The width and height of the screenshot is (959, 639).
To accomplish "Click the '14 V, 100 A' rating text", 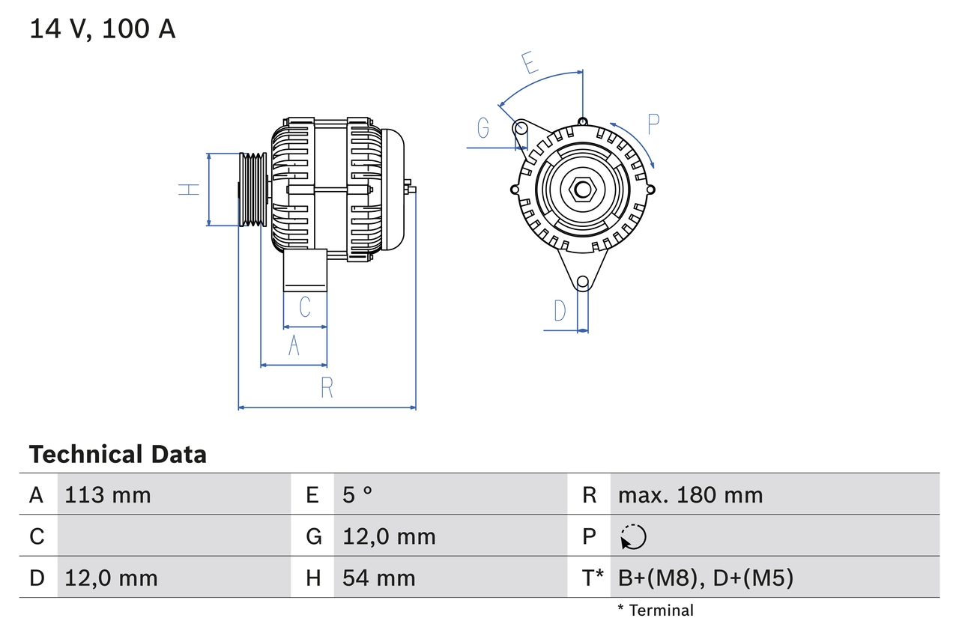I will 103,29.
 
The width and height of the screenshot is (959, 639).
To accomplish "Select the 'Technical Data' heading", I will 118,454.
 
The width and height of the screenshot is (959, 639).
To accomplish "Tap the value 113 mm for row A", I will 108,495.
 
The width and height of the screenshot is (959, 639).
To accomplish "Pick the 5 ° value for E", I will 357,495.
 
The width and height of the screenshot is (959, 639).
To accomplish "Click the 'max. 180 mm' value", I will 690,495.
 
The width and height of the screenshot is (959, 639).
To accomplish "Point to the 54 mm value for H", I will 378,578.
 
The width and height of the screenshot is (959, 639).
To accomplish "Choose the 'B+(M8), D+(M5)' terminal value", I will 705,578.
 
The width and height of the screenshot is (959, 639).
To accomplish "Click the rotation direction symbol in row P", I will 633,536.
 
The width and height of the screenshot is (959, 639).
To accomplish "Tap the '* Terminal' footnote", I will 656,611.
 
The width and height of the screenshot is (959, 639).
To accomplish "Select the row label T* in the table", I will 592,578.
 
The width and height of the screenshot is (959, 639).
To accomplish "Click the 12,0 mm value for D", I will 111,578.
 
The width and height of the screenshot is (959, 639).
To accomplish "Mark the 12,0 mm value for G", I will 389,536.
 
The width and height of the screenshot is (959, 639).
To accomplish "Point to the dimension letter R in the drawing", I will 327,387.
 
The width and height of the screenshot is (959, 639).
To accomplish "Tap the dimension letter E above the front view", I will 530,63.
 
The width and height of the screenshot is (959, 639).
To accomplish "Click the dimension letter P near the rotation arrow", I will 653,124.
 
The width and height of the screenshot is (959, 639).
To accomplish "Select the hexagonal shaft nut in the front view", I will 582,190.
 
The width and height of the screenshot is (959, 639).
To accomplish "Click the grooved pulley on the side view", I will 252,190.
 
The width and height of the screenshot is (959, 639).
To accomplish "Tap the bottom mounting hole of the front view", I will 582,282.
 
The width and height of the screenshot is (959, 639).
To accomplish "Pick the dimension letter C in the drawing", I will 305,307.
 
